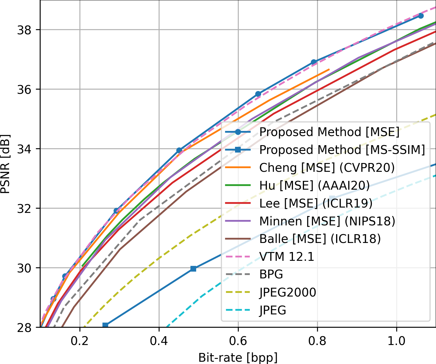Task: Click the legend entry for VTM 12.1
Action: point(287,257)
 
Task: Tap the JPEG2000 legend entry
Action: point(288,293)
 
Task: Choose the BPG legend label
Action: point(271,275)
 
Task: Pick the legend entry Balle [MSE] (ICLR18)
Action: point(320,239)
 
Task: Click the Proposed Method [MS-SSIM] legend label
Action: point(342,150)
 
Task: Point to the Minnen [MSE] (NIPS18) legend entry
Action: point(327,221)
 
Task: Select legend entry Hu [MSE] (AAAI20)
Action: point(315,186)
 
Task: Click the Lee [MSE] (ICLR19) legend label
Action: point(316,203)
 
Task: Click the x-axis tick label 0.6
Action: point(238,341)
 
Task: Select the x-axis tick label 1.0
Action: point(396,341)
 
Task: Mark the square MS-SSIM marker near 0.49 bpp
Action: point(193,268)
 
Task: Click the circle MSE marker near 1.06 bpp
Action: point(421,16)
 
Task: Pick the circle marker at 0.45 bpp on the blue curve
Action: point(179,150)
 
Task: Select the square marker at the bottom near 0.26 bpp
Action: point(105,325)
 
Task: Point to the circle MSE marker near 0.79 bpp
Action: point(314,62)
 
